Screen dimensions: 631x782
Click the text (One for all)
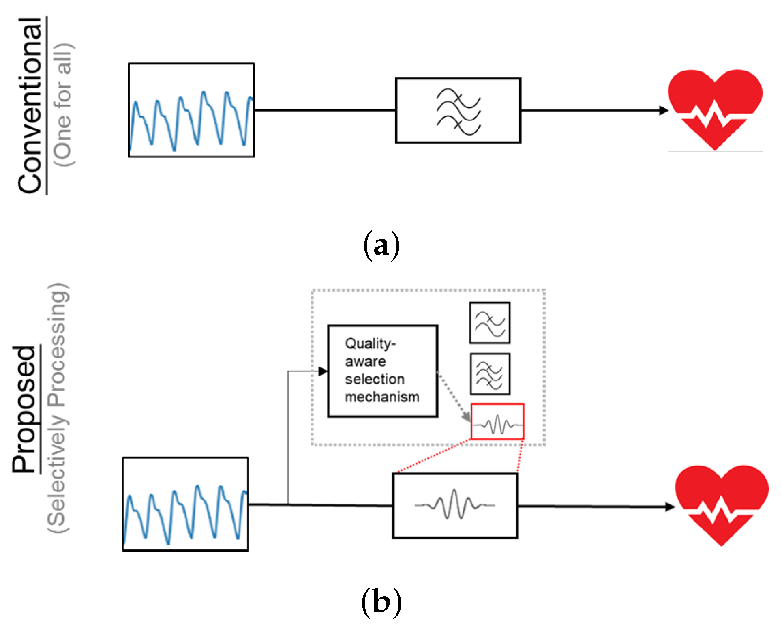(x=64, y=105)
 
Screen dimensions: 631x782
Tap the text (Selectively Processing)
(x=58, y=408)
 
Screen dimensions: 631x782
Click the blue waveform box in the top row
(x=191, y=110)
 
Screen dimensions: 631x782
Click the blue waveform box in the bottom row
(x=185, y=504)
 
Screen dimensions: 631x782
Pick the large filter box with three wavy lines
(x=458, y=110)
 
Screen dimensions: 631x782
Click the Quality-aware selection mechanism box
(x=382, y=371)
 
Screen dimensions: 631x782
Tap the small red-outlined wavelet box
(x=497, y=421)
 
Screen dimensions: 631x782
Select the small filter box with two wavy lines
(x=489, y=323)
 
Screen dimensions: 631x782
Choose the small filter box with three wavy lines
(x=490, y=374)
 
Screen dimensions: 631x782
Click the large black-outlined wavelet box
(x=455, y=505)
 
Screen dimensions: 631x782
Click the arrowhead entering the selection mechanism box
(x=323, y=371)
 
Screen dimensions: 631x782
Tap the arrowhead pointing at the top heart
(x=663, y=110)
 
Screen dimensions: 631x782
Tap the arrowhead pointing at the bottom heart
(x=669, y=507)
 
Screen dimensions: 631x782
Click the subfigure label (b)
(x=381, y=602)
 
